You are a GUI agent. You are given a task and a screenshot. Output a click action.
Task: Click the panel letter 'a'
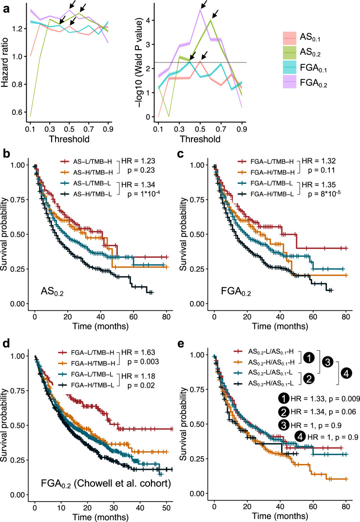5,6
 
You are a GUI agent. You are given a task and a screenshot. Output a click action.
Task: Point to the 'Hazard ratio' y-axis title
7,63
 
